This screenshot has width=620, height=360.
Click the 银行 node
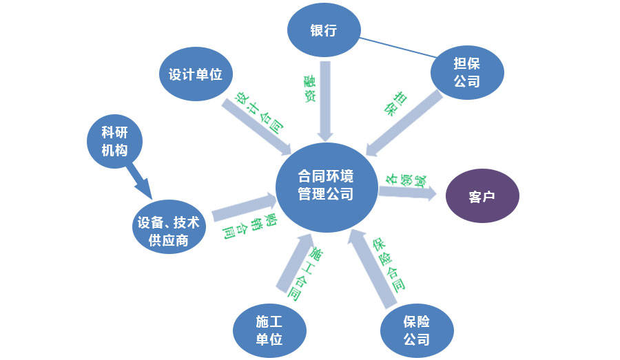(x=322, y=31)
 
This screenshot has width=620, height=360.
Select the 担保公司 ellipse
(x=467, y=72)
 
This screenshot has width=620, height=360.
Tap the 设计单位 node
(x=196, y=74)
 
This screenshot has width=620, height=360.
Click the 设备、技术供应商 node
(x=168, y=231)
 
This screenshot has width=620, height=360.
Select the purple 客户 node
(x=482, y=196)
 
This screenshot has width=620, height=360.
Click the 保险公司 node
(x=417, y=330)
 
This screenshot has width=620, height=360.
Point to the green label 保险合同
(x=388, y=264)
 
